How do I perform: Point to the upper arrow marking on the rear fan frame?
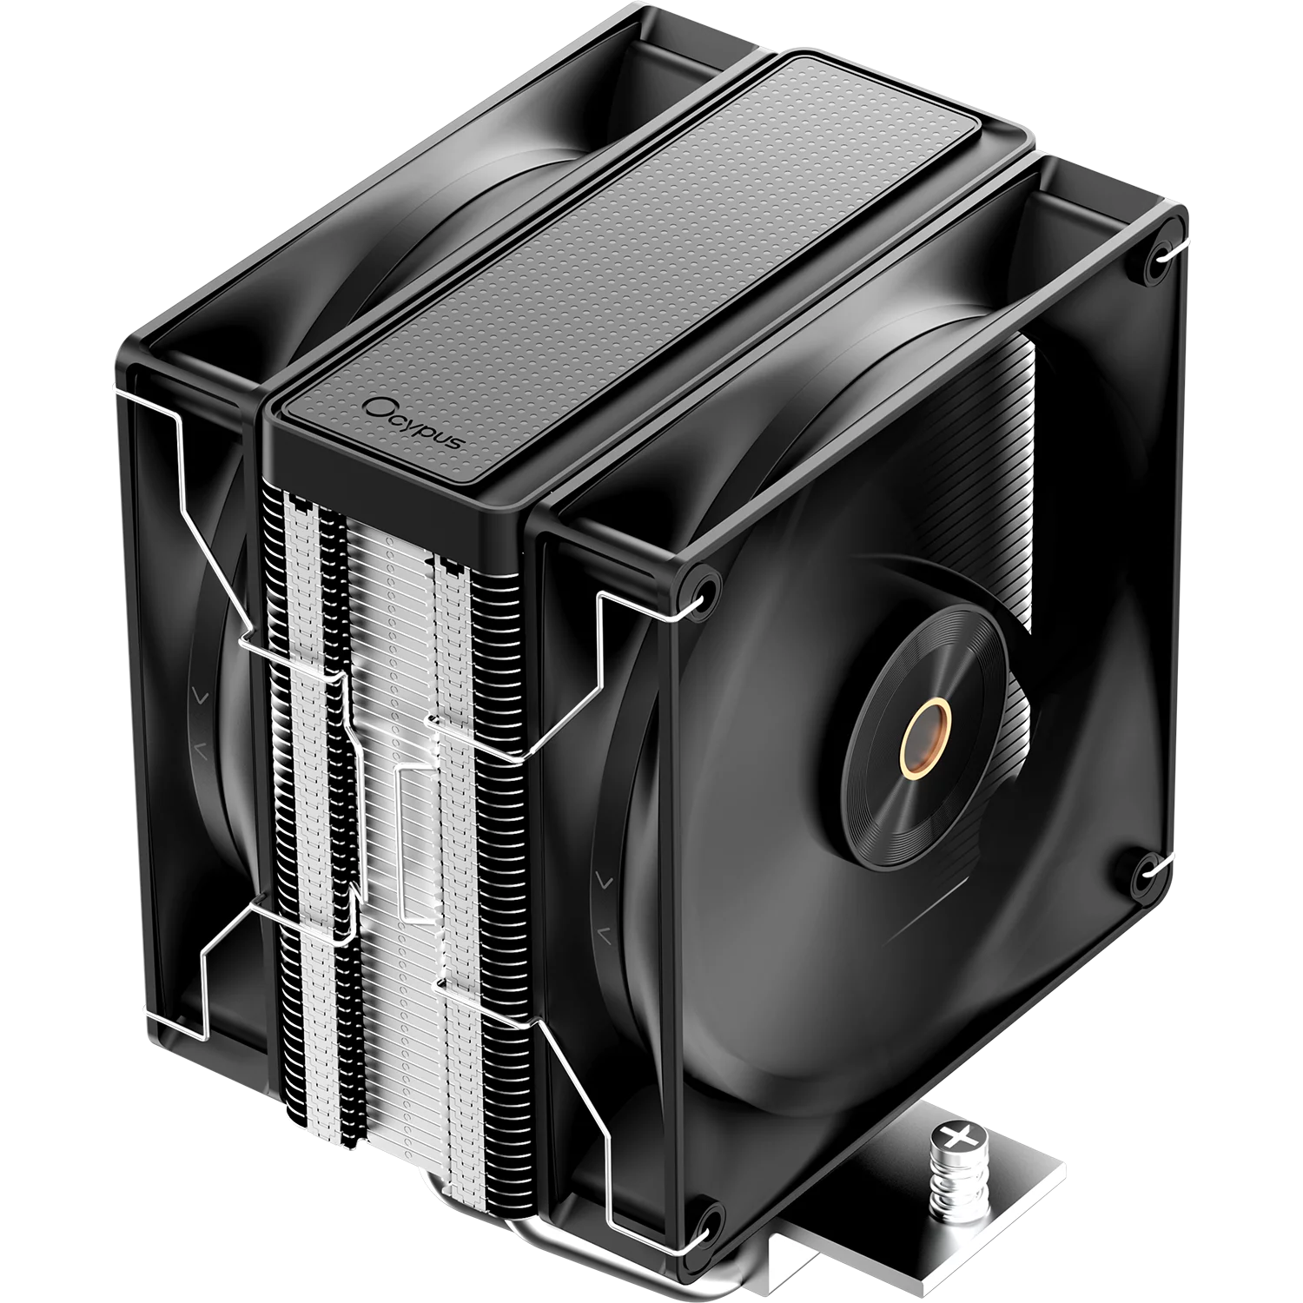[x=199, y=696]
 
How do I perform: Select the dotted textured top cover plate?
[x=643, y=252]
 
